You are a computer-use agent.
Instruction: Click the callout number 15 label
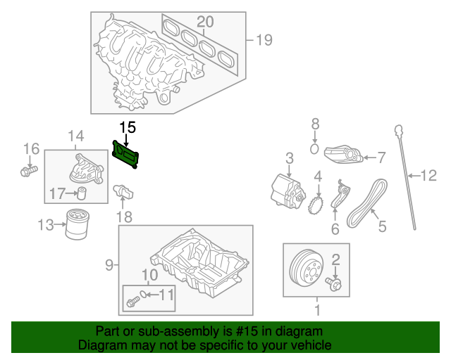[127, 127]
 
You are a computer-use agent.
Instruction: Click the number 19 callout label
[263, 40]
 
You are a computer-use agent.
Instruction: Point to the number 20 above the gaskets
[204, 21]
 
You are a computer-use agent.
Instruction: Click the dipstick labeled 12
[407, 176]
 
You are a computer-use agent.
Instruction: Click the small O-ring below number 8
[316, 148]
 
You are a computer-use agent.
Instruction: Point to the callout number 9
[109, 265]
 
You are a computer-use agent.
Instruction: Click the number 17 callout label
[57, 193]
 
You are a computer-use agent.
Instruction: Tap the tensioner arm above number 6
[339, 197]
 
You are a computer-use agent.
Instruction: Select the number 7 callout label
[381, 157]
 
